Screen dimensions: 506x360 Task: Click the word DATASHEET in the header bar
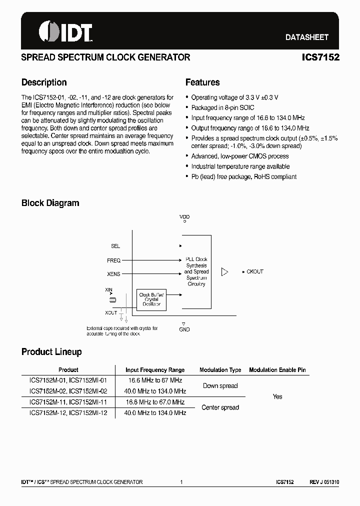[x=307, y=37]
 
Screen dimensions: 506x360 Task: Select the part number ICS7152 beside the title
[x=320, y=57]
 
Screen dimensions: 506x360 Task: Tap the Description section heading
[x=44, y=82]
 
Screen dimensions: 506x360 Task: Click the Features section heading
[x=202, y=82]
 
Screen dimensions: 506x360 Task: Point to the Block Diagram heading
[x=50, y=203]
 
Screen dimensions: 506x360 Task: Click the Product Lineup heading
[x=51, y=352]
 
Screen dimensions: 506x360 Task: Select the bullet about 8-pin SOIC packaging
[x=222, y=107]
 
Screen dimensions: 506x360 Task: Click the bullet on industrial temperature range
[x=240, y=166]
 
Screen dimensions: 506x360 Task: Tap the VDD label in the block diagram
[x=184, y=217]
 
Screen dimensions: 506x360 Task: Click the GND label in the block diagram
[x=184, y=329]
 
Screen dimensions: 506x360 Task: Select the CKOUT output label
[x=255, y=272]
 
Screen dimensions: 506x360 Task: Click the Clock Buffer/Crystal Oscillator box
[x=151, y=299]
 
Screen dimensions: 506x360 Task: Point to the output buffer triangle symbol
[x=224, y=272]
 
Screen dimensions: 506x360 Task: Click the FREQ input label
[x=113, y=260]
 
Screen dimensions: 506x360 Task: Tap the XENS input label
[x=113, y=274]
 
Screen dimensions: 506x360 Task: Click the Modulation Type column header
[x=220, y=370]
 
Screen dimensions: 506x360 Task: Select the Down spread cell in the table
[x=220, y=386]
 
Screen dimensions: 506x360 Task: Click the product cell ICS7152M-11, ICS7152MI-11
[x=68, y=402]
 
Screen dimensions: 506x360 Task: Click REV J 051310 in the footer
[x=324, y=482]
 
